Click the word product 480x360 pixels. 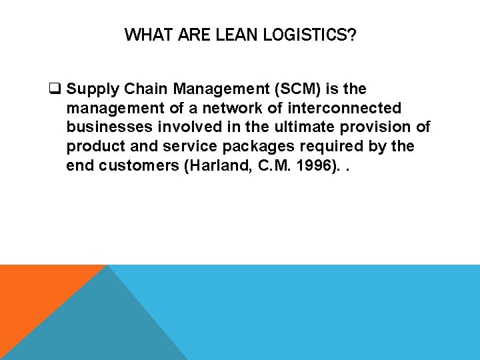click(x=93, y=146)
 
